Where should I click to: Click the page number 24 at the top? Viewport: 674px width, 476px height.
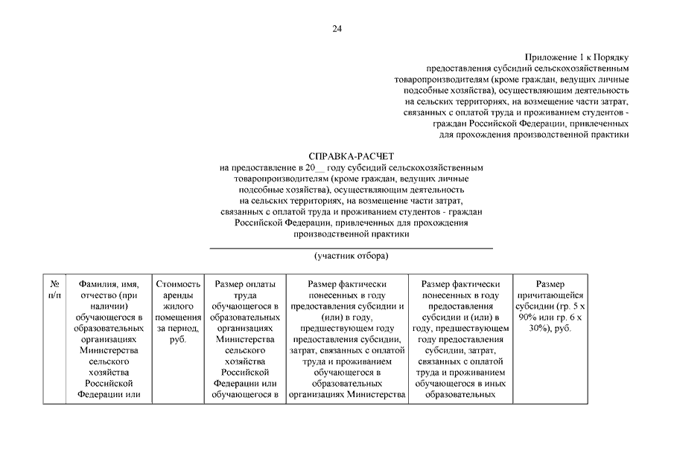coord(337,29)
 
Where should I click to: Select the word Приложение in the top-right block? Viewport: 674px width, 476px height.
coord(550,57)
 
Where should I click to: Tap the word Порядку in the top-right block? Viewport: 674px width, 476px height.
coord(612,57)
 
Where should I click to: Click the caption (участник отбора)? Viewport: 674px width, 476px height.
coord(351,256)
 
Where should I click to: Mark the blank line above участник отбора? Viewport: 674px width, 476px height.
coord(351,248)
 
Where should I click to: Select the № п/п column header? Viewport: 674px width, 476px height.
coord(54,289)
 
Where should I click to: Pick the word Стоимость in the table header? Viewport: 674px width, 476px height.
coord(178,284)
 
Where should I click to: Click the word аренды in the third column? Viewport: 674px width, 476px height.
coord(178,295)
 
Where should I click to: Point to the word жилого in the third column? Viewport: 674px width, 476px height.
coord(178,306)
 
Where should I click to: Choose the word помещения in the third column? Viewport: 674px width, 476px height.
coord(178,318)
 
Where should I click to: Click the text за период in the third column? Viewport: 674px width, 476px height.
coord(177,329)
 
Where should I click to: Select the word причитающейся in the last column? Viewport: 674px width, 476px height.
coord(550,295)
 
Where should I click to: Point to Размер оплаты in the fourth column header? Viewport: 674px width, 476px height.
coord(244,284)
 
